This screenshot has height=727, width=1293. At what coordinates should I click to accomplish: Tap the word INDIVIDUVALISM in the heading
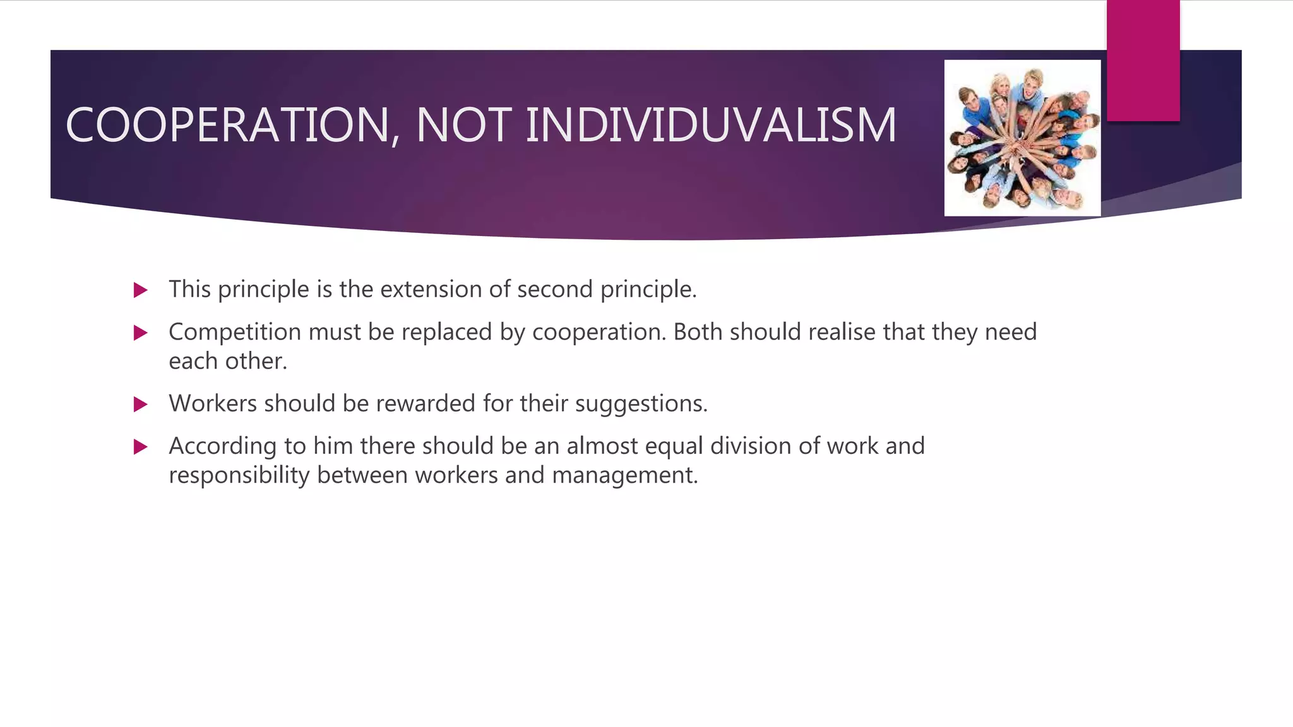(x=710, y=125)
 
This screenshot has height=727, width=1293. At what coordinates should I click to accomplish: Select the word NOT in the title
(x=463, y=125)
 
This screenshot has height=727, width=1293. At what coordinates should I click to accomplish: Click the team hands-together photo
(x=1022, y=138)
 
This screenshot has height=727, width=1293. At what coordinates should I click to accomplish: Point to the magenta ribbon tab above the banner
(x=1143, y=60)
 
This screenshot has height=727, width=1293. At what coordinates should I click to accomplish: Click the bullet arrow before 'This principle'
(x=141, y=290)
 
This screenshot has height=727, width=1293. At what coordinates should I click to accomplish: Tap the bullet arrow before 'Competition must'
(x=141, y=333)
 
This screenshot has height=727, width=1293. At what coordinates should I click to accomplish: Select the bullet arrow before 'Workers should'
(x=141, y=405)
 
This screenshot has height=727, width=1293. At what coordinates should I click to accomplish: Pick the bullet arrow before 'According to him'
(x=141, y=447)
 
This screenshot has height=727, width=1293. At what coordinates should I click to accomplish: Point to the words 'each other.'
(x=228, y=361)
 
